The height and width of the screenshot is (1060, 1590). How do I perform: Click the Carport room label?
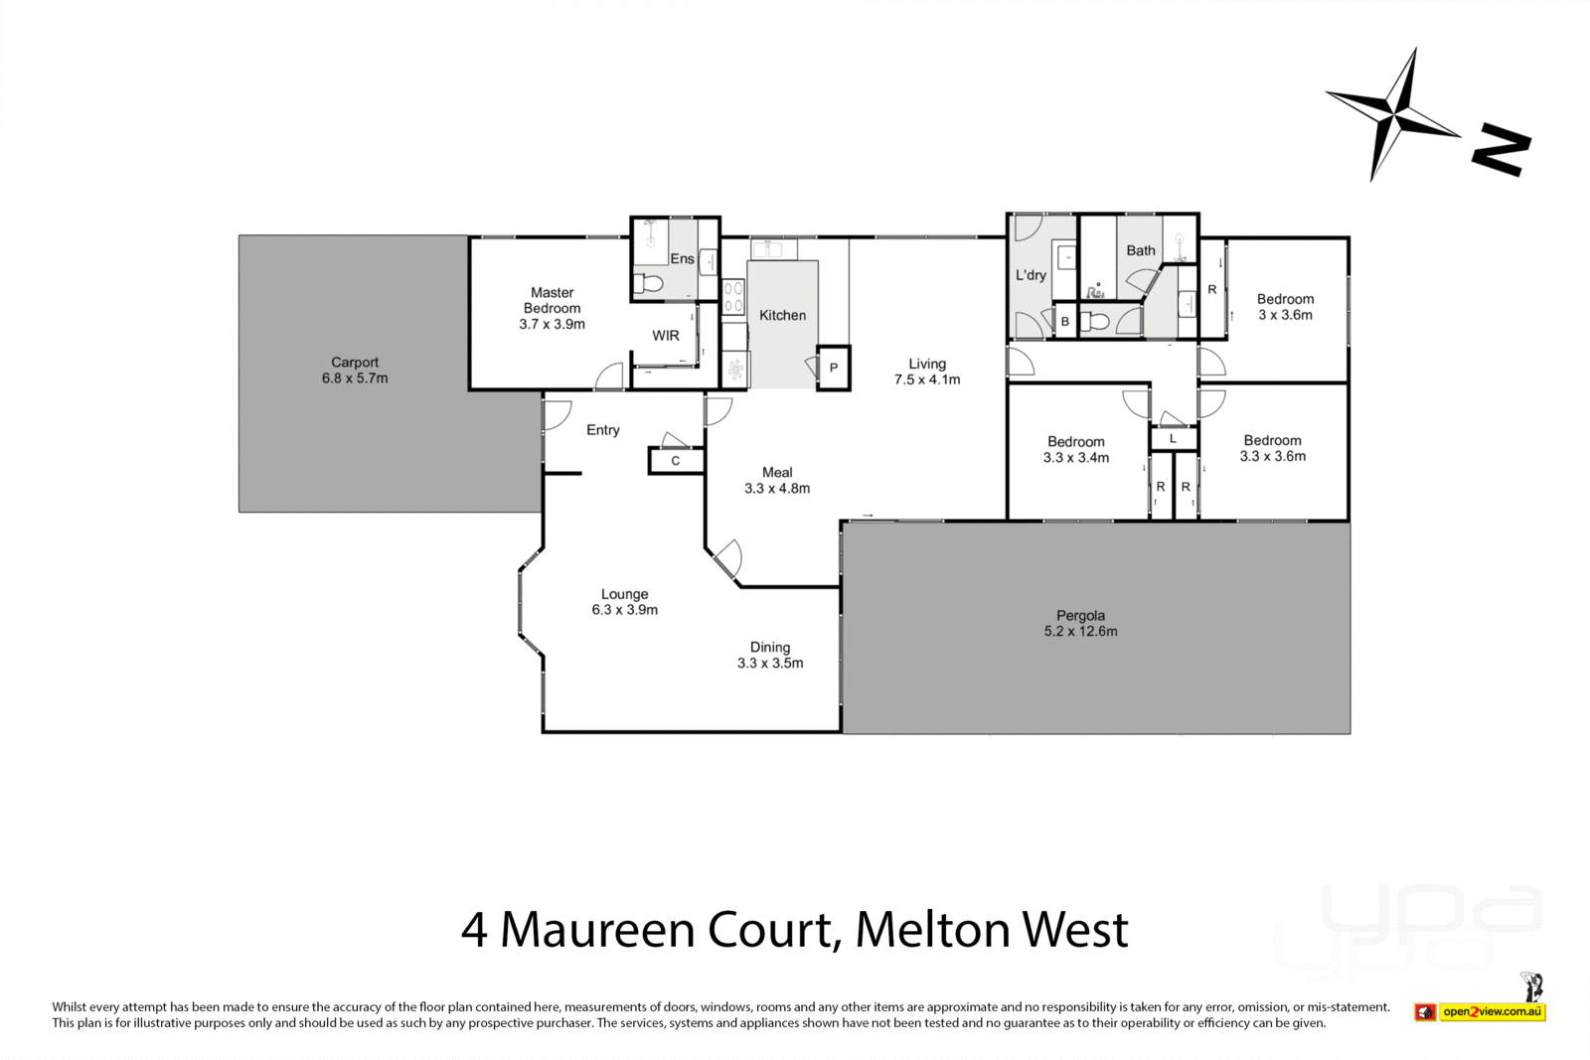pyautogui.click(x=355, y=363)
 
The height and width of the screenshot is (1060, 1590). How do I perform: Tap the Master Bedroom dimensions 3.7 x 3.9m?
pyautogui.click(x=552, y=324)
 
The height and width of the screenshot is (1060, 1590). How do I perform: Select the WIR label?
pyautogui.click(x=666, y=336)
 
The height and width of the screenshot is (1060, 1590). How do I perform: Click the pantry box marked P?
pyautogui.click(x=833, y=369)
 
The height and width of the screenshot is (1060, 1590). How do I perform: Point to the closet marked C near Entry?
pyautogui.click(x=676, y=460)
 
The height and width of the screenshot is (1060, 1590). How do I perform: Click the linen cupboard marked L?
pyautogui.click(x=1173, y=438)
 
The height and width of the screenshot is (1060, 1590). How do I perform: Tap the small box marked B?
pyautogui.click(x=1064, y=322)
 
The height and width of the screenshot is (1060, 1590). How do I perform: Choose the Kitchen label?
pyautogui.click(x=782, y=315)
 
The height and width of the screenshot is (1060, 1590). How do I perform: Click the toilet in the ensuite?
pyautogui.click(x=648, y=284)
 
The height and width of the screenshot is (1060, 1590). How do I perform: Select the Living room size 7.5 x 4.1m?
pyautogui.click(x=927, y=379)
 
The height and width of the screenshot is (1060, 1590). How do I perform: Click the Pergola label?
pyautogui.click(x=1080, y=616)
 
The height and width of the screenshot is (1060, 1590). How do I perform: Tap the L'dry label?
pyautogui.click(x=1031, y=275)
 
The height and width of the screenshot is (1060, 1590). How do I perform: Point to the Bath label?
pyautogui.click(x=1141, y=250)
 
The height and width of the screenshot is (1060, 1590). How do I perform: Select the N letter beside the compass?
pyautogui.click(x=1501, y=150)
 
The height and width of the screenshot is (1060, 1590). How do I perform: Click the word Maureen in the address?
pyautogui.click(x=597, y=930)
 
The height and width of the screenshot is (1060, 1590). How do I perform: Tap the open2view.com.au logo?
pyautogui.click(x=1492, y=1012)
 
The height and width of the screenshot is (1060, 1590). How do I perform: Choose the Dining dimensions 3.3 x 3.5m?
pyautogui.click(x=770, y=663)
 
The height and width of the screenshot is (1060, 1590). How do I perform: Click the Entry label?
pyautogui.click(x=602, y=430)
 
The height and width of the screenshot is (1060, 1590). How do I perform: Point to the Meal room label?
pyautogui.click(x=777, y=472)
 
